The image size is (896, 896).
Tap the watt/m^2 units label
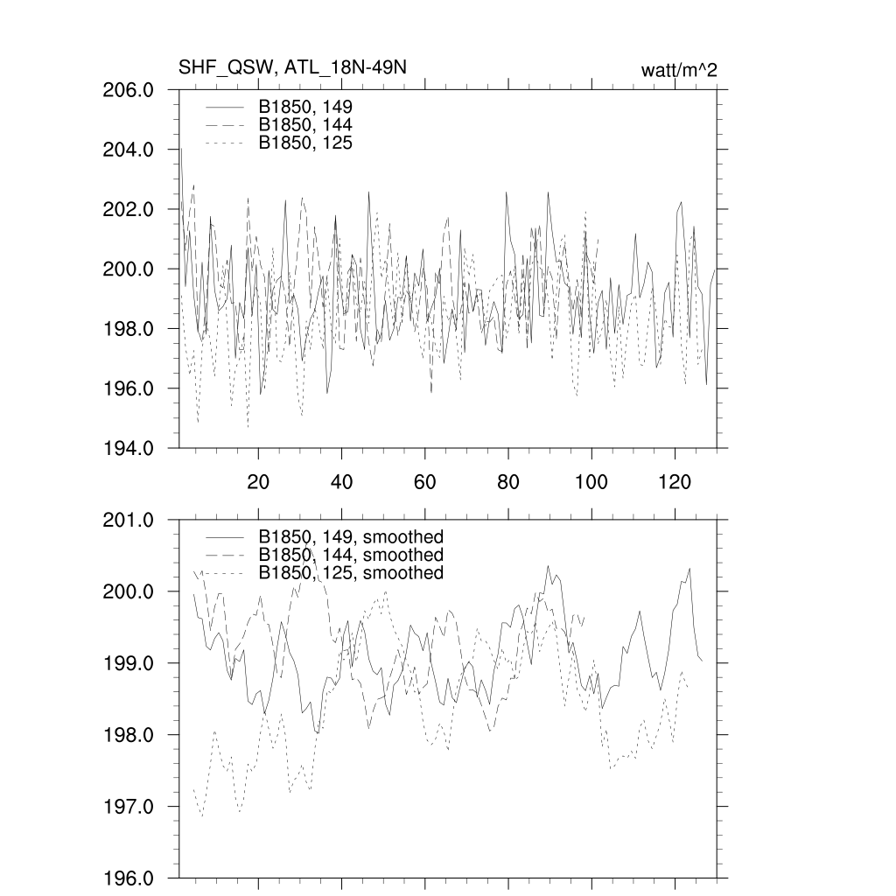pos(679,70)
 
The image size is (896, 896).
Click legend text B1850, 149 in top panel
pos(305,107)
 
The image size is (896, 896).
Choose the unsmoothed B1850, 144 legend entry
pos(305,124)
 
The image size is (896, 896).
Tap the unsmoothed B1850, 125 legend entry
pos(305,142)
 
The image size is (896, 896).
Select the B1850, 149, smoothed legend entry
pos(351,536)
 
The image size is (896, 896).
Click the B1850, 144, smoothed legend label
pos(351,555)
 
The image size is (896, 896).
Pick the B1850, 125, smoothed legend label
pos(351,572)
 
